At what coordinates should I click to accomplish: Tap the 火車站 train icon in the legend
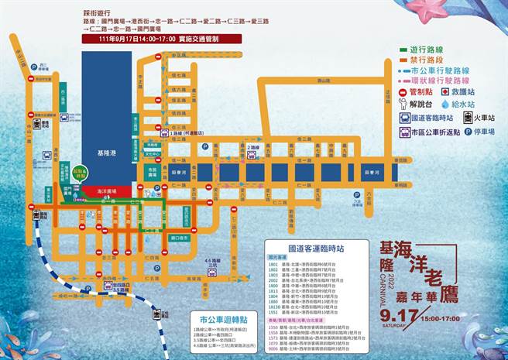(469, 118)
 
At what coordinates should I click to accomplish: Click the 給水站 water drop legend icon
(445, 103)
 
